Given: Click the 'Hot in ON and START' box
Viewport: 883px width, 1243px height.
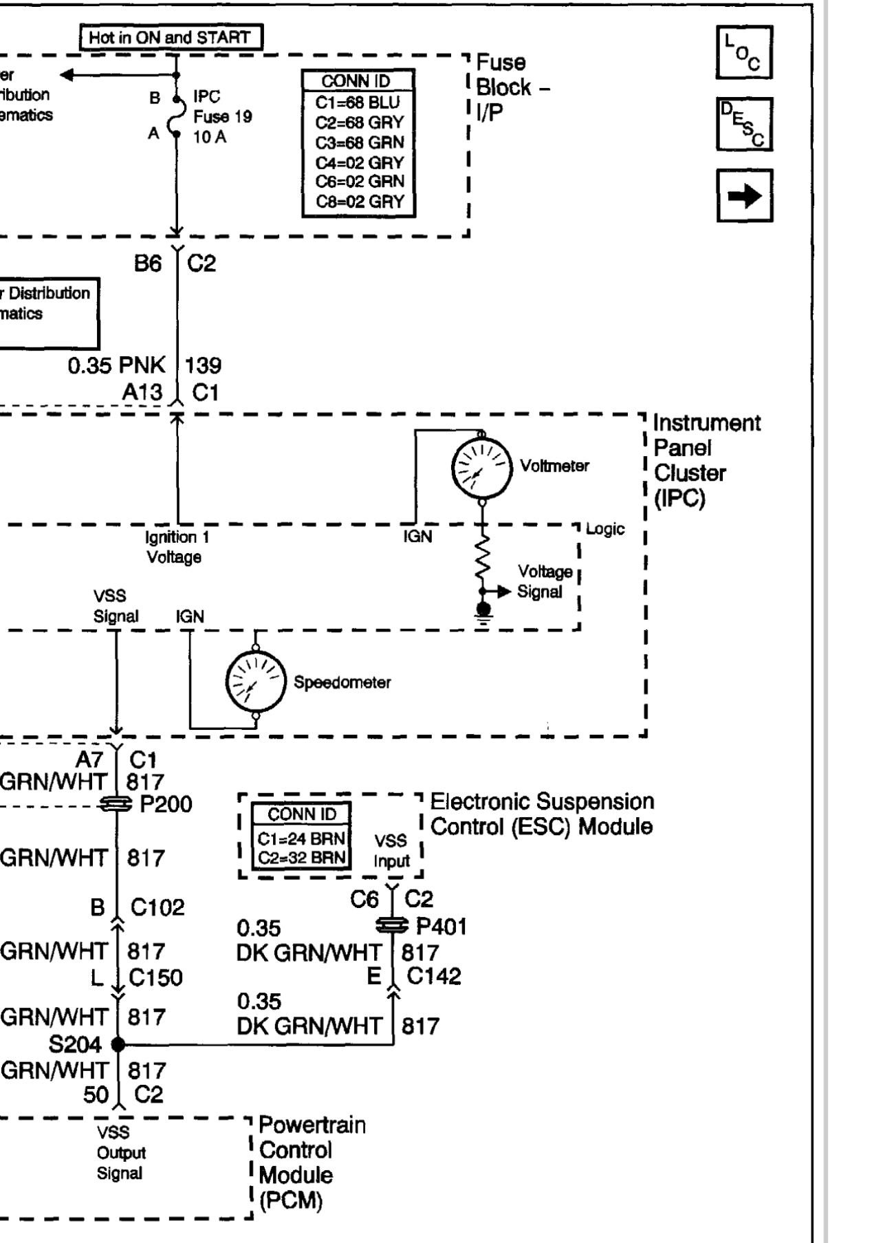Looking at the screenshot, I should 171,37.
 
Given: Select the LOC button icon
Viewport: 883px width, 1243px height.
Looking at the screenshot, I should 744,53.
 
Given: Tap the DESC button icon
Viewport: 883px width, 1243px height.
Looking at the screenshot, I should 744,124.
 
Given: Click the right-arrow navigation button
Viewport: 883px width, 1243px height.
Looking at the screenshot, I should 744,196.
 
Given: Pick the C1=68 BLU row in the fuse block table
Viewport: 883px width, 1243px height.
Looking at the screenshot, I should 358,103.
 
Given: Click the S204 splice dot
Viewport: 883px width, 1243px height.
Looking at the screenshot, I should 118,1044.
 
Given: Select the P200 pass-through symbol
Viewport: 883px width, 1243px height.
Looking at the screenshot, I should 116,803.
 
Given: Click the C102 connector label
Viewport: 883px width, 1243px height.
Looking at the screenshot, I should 157,907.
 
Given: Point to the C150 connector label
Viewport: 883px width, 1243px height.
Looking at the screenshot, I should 155,977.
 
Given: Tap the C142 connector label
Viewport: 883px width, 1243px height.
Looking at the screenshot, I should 433,975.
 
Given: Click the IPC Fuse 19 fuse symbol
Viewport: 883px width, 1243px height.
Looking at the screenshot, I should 177,116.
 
